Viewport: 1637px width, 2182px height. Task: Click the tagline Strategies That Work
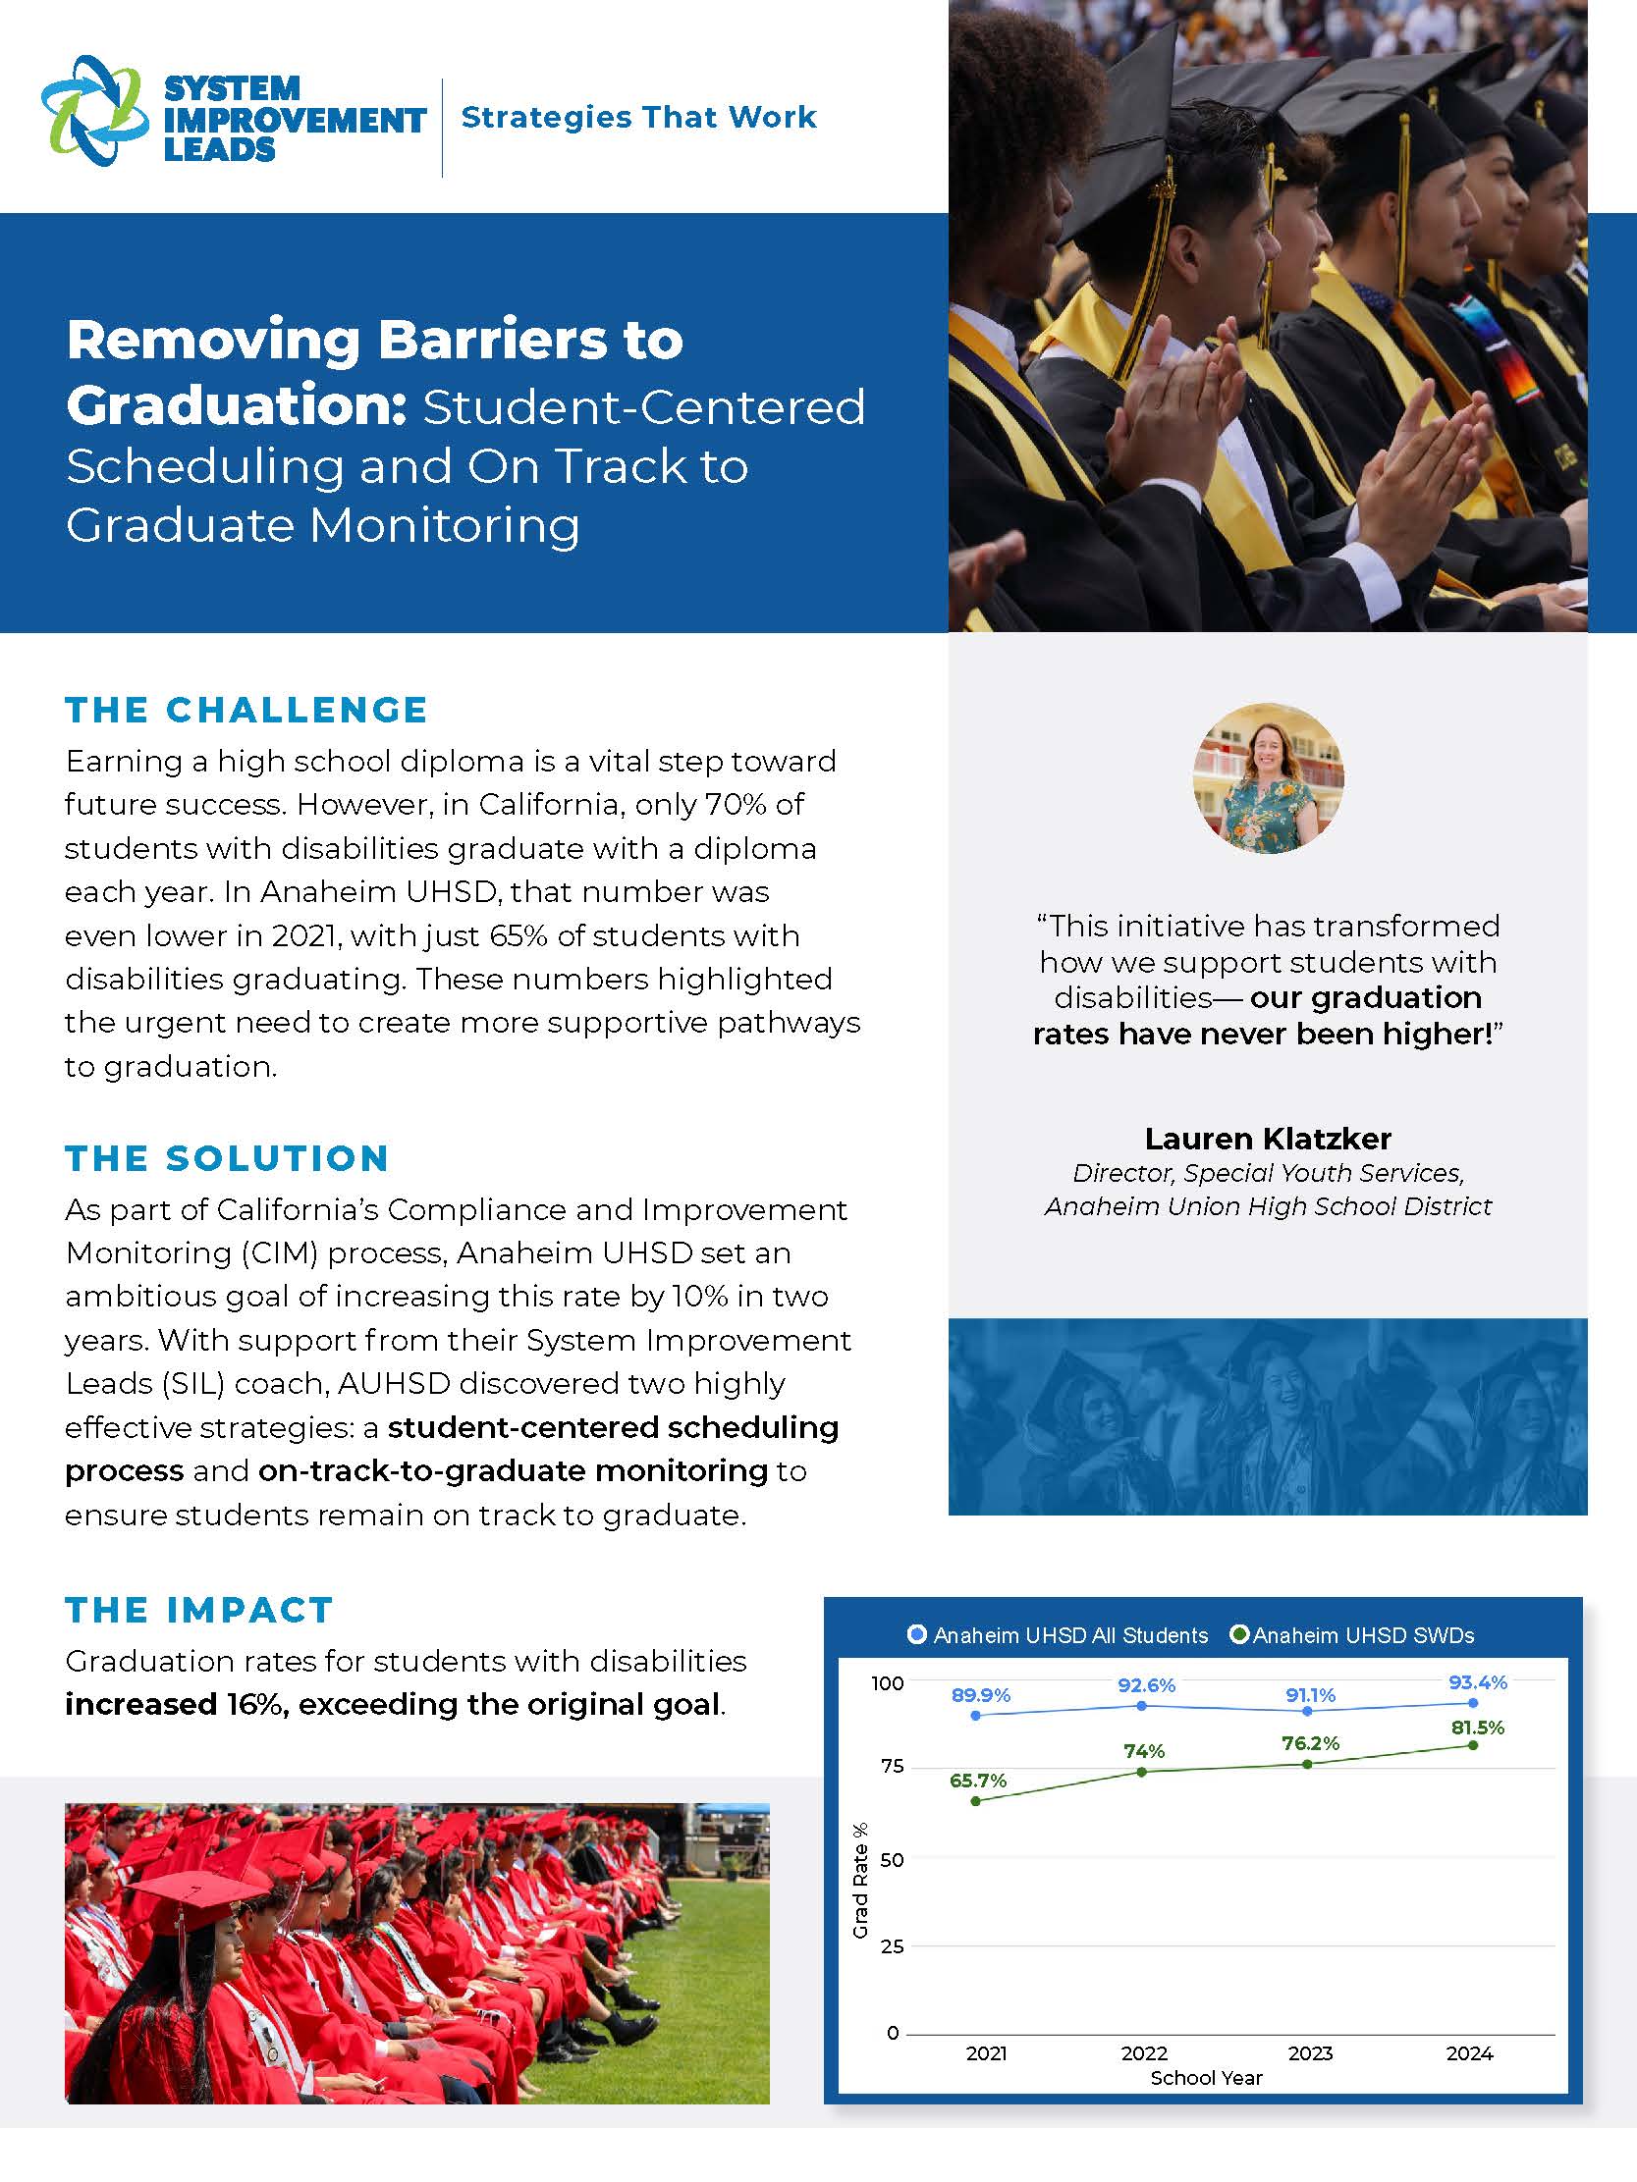[638, 118]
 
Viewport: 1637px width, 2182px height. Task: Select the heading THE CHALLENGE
[246, 710]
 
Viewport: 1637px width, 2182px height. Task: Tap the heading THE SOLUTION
[227, 1157]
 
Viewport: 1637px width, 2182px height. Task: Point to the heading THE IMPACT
[199, 1610]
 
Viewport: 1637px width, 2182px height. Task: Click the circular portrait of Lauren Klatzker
[1268, 778]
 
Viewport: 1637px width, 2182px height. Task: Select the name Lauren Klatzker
[1268, 1139]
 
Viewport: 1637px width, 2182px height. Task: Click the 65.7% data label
[978, 1781]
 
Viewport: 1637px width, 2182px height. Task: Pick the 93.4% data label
[1477, 1681]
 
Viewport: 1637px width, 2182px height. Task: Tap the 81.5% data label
[1477, 1728]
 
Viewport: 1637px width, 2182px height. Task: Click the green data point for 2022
[1142, 1772]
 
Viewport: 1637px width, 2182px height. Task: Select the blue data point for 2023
[1307, 1711]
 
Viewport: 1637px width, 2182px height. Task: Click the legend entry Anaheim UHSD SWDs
[1352, 1635]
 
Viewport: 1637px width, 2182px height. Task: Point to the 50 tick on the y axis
[891, 1859]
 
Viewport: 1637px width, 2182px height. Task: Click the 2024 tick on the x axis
[1469, 2053]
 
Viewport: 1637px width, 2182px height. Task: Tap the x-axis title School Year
[1206, 2078]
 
